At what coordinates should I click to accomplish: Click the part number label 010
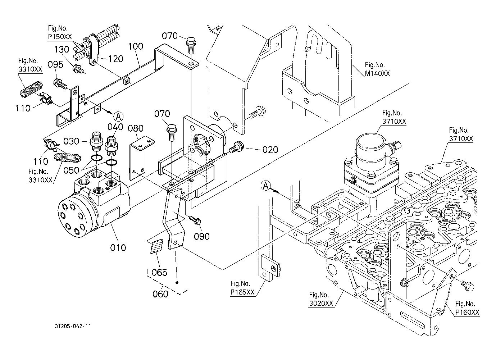tap(118, 247)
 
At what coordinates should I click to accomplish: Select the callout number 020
tap(270, 150)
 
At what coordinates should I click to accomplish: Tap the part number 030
tap(72, 141)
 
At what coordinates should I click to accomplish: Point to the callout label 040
tap(115, 127)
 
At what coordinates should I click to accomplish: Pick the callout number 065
tap(159, 272)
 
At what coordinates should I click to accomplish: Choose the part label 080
tap(136, 128)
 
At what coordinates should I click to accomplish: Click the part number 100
tap(135, 46)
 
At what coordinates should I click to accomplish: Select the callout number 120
tap(116, 59)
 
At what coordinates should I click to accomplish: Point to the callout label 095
tap(55, 64)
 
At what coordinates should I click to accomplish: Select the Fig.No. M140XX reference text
tap(377, 69)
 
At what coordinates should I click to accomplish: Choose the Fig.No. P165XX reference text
tap(242, 288)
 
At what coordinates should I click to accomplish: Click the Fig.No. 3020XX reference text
tap(321, 299)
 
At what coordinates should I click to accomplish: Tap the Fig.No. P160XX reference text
tap(467, 308)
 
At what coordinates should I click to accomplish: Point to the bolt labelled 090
tap(195, 219)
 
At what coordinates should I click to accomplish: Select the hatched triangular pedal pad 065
tap(157, 247)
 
